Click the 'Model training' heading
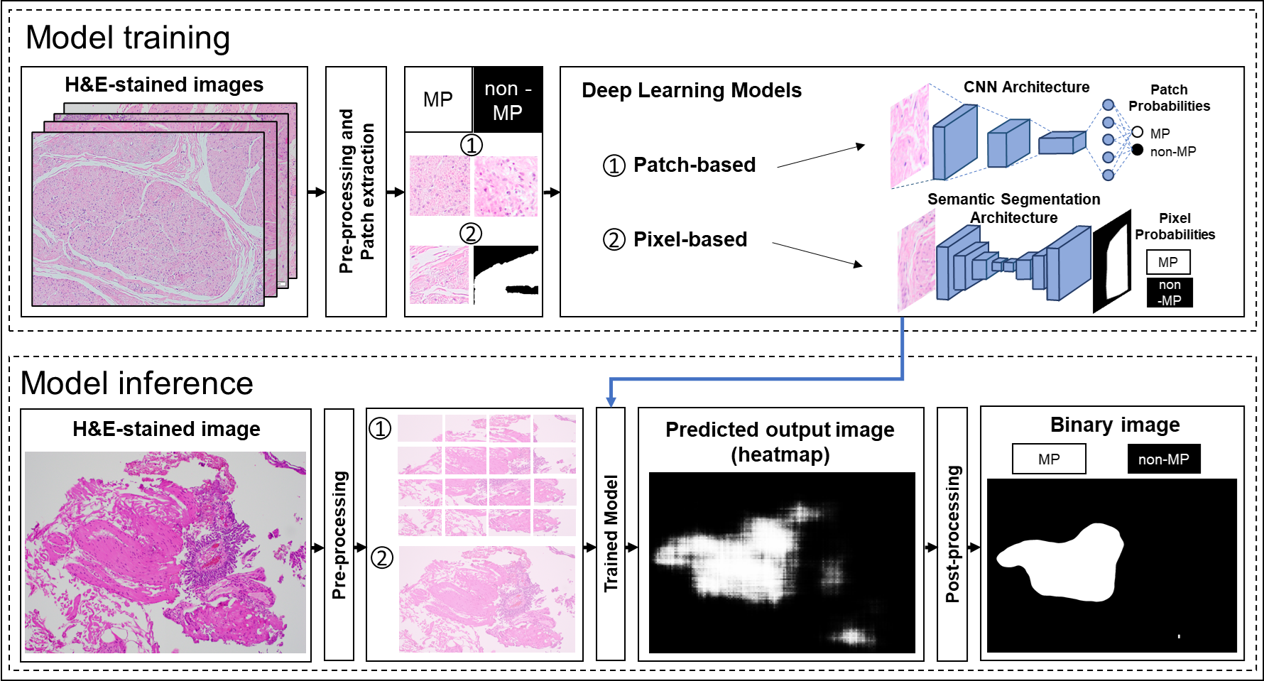tap(128, 38)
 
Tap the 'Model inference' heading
tap(136, 383)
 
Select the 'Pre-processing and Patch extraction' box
tap(356, 192)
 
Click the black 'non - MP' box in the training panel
tap(508, 100)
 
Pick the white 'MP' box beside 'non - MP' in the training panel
tap(438, 100)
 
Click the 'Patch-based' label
tap(694, 165)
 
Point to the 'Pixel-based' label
tap(690, 239)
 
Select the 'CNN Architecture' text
tap(1026, 87)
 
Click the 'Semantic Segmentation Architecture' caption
tap(1013, 208)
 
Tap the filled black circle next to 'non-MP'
tap(1138, 150)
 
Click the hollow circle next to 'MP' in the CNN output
tap(1138, 132)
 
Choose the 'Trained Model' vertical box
tap(611, 534)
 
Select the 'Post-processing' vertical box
tap(952, 534)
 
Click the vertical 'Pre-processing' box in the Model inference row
tap(339, 534)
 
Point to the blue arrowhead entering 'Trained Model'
tap(611, 402)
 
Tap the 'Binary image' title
tap(1115, 425)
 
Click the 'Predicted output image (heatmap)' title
tap(780, 441)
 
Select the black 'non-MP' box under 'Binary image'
tap(1163, 459)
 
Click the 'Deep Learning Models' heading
tap(691, 90)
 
